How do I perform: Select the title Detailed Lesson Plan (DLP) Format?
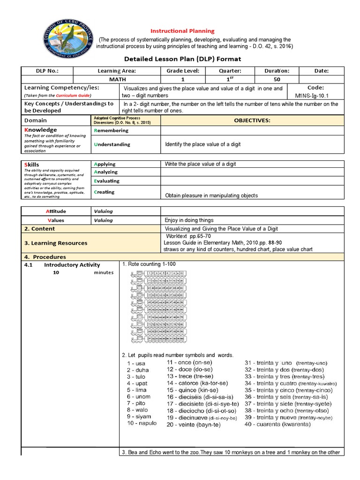click(x=182, y=59)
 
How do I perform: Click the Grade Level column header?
click(x=183, y=71)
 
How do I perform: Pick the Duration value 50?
click(x=277, y=80)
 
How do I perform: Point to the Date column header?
click(x=322, y=71)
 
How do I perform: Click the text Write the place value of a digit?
click(x=200, y=164)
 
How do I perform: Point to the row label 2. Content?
click(x=39, y=229)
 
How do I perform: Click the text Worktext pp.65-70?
click(x=187, y=236)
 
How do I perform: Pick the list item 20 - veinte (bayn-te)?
click(x=196, y=425)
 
